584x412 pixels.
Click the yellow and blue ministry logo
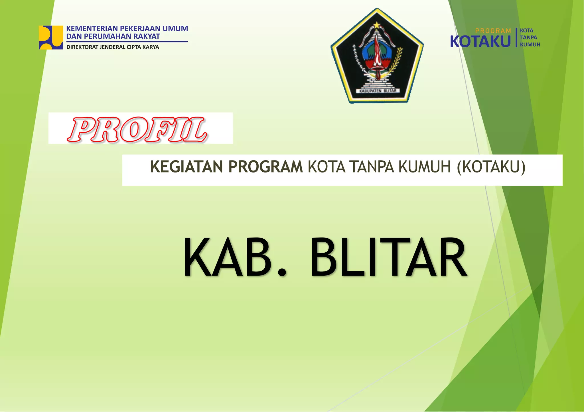[x=51, y=37]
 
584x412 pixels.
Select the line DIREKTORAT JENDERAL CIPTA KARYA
[x=113, y=47]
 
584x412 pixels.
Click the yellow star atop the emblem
[x=377, y=25]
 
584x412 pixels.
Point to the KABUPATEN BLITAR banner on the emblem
[x=378, y=91]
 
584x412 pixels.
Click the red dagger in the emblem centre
[x=377, y=57]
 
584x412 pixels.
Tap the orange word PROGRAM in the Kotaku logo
[x=493, y=31]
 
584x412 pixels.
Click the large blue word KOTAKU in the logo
[x=480, y=42]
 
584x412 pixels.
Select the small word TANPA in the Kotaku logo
[x=528, y=38]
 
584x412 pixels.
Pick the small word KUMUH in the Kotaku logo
[x=530, y=44]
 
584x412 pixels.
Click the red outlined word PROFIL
[x=137, y=130]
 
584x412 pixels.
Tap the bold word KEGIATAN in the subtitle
[x=186, y=167]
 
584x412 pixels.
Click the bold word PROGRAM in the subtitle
[x=265, y=167]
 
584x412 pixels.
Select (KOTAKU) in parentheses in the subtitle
[x=491, y=167]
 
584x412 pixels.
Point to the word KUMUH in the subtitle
[x=425, y=167]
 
